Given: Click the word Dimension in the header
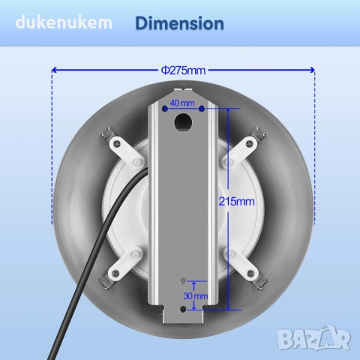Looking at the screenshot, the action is (179, 24).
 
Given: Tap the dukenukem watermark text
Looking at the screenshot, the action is (64, 22).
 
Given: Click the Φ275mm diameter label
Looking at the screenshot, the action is (183, 70).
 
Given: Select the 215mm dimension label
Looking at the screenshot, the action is (236, 201).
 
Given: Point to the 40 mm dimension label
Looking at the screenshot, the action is (182, 103).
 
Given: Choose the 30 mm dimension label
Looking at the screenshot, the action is (196, 296).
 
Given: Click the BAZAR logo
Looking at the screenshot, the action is (314, 337).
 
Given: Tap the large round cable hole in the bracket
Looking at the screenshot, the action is (184, 122).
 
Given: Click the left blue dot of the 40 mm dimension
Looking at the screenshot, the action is (165, 109).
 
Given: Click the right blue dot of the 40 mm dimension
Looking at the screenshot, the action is (202, 109).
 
